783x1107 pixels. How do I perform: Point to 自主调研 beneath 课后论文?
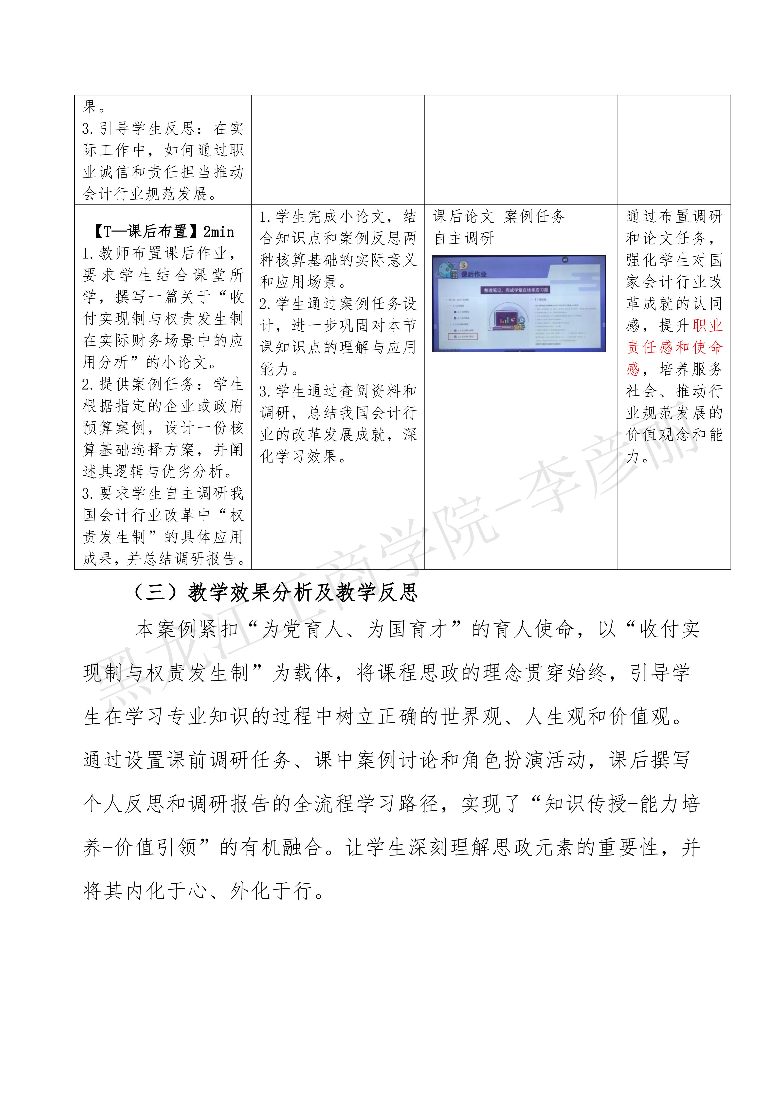pos(464,238)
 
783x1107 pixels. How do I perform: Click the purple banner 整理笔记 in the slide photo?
pos(516,290)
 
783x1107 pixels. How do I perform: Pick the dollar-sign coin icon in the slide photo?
pos(464,265)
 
